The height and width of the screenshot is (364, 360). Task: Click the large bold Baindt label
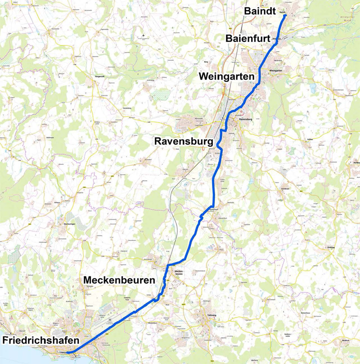[259, 11]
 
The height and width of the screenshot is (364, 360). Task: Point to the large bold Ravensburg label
[183, 141]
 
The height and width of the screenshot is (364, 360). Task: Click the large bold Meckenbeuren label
[119, 280]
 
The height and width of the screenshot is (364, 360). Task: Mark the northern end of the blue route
[285, 15]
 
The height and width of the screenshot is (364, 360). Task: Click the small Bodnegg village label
[330, 247]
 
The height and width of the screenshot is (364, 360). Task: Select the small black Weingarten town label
[276, 71]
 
